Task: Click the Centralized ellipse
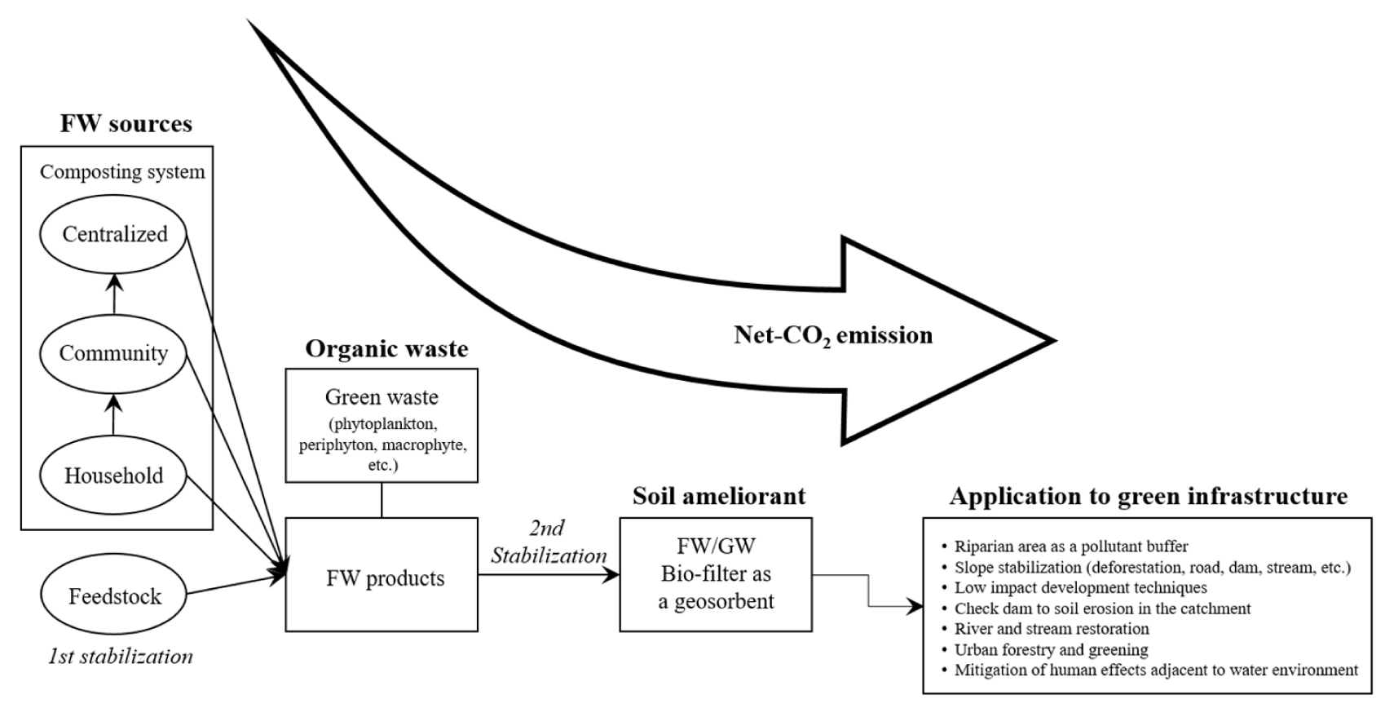[114, 234]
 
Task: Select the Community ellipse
[114, 353]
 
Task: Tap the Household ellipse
[114, 476]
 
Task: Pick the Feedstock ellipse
[114, 596]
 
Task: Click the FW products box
[382, 578]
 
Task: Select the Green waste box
[382, 426]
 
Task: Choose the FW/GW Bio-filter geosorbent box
[716, 573]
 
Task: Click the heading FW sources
[126, 124]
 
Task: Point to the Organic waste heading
[386, 349]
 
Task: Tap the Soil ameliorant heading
[719, 496]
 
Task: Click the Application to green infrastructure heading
[1148, 496]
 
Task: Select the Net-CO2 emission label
[833, 335]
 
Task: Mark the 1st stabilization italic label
[121, 657]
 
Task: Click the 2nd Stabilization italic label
[549, 542]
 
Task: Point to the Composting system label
[122, 172]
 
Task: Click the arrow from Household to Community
[114, 414]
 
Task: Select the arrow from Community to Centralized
[114, 294]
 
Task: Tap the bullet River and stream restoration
[1052, 629]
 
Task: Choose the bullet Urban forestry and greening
[1051, 650]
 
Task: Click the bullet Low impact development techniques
[1080, 587]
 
